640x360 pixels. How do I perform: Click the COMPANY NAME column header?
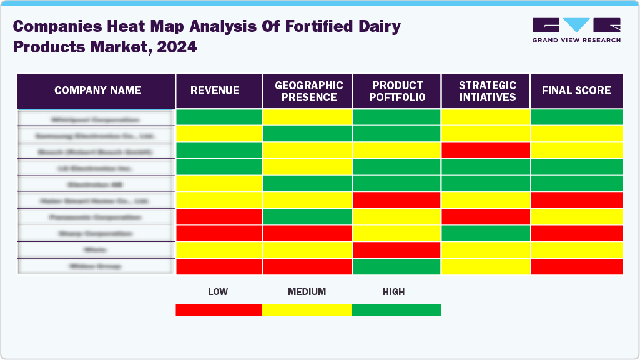coord(97,90)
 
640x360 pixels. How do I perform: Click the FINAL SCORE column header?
coord(576,90)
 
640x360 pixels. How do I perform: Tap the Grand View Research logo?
coord(576,30)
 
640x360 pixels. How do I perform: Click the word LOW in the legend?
coord(219,292)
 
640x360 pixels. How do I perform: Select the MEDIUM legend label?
coord(307,292)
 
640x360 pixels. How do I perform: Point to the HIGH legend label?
coord(393,292)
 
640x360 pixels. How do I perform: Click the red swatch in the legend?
coord(219,310)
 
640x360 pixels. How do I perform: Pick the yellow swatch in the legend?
coord(307,310)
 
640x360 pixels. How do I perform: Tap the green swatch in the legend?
coord(396,310)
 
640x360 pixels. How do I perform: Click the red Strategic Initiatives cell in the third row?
coord(486,150)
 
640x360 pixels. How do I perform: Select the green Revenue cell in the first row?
coord(219,117)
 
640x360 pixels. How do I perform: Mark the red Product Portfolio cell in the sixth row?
coord(396,200)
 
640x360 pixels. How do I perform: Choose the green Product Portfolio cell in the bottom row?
coord(396,266)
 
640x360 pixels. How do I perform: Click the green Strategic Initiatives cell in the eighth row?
coord(486,233)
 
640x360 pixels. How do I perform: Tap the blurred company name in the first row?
coord(96,119)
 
